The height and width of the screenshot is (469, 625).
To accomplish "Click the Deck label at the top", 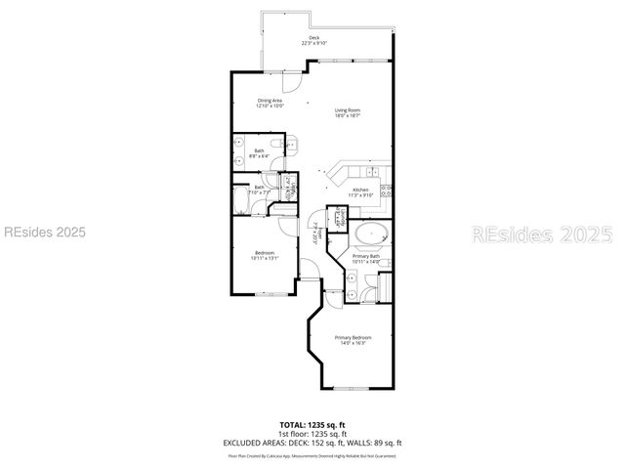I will [x=313, y=41].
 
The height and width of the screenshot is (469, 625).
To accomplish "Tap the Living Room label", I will [x=348, y=113].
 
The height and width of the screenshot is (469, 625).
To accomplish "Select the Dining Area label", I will [x=270, y=103].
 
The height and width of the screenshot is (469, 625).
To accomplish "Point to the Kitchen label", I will [x=360, y=192].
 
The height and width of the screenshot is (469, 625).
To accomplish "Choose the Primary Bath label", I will [x=366, y=258].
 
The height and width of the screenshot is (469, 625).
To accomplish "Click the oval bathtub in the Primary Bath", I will [x=371, y=235].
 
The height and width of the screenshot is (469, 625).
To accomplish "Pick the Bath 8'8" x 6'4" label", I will [x=260, y=152].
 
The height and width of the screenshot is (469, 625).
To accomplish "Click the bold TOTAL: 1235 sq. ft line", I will [x=312, y=425].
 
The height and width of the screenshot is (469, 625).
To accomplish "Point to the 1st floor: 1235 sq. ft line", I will [x=312, y=434].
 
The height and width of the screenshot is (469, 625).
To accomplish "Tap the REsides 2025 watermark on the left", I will [x=45, y=233].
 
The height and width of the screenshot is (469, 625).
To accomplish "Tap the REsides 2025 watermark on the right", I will [x=543, y=234].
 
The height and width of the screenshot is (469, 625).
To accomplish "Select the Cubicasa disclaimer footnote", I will [x=312, y=454].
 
